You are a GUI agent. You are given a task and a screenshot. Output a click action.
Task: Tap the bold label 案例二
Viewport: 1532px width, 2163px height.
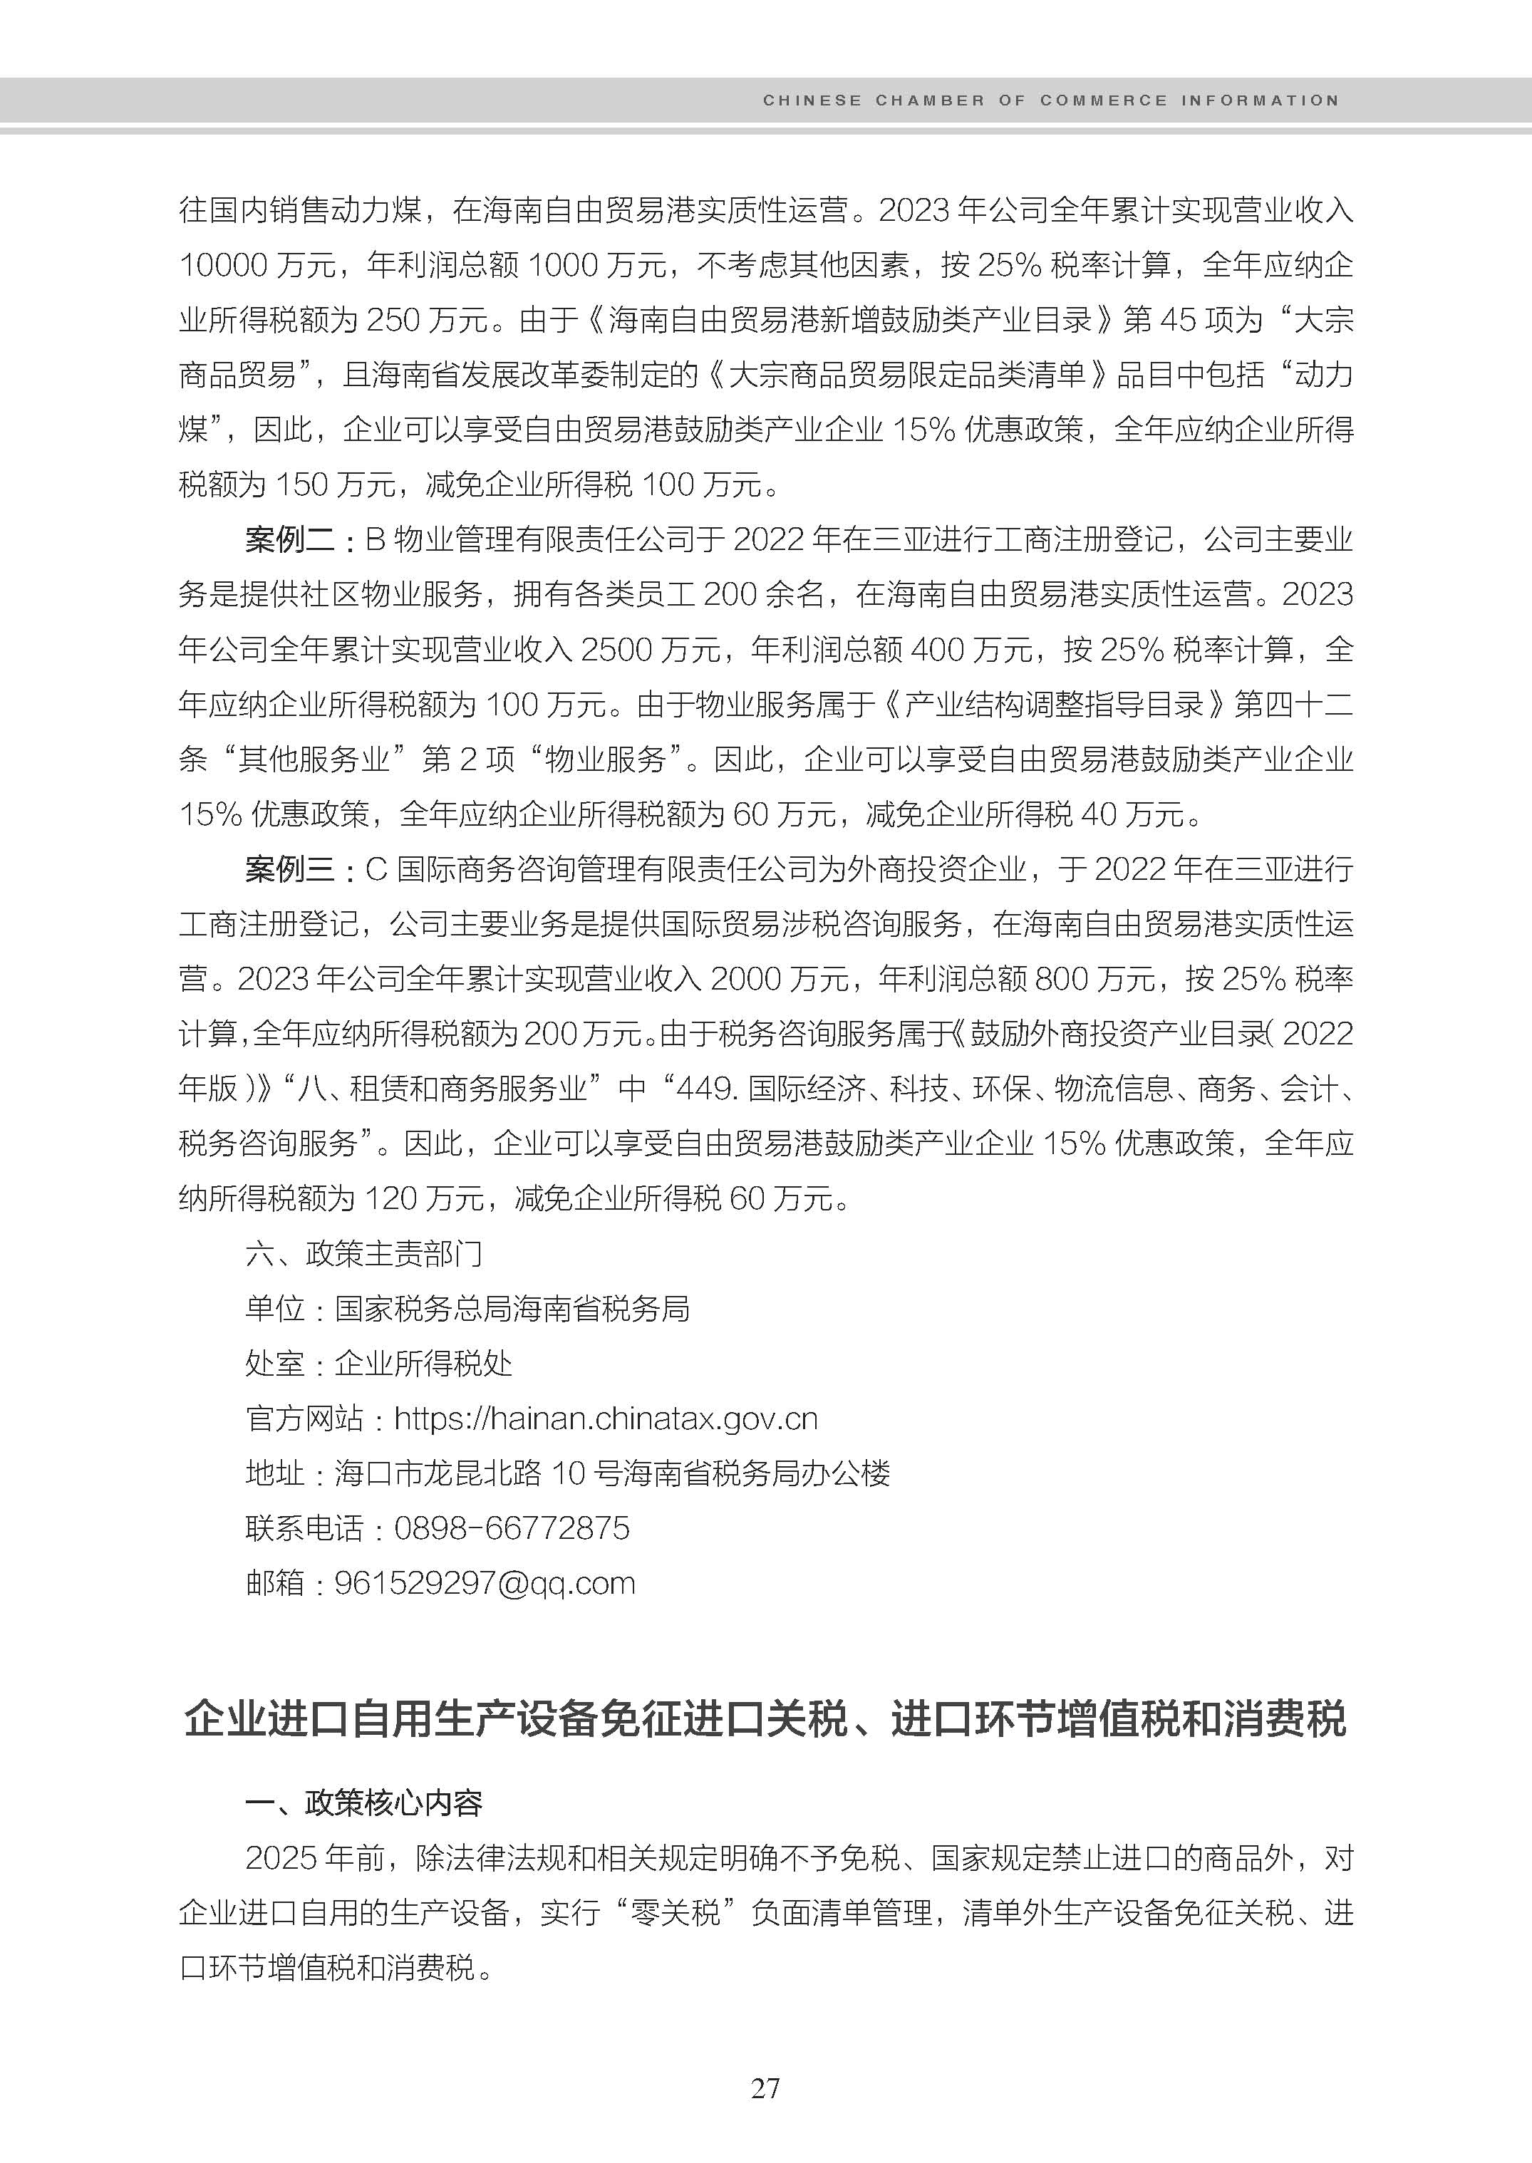(289, 541)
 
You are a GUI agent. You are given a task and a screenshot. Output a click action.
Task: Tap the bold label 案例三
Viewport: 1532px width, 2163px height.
(289, 868)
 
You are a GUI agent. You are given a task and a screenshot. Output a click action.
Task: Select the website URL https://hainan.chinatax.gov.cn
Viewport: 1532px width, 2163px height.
(606, 1418)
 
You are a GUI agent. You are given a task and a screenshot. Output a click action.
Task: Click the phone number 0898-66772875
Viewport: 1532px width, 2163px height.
(512, 1528)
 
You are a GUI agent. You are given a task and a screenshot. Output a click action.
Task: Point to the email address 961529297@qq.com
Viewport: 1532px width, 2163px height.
(485, 1583)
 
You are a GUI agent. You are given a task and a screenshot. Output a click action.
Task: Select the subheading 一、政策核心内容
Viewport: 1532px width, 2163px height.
(364, 1802)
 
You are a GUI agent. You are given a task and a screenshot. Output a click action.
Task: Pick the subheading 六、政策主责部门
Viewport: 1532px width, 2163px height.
(364, 1254)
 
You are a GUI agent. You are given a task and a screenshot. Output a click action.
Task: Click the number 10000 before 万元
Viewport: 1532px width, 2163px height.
(224, 265)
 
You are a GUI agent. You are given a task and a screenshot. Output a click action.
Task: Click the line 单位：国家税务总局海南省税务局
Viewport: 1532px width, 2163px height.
(467, 1308)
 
